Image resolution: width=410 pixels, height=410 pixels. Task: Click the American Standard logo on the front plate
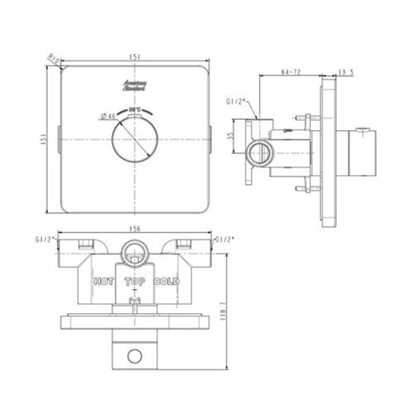pyautogui.click(x=133, y=86)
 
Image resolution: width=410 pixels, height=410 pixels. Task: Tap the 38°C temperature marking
pyautogui.click(x=135, y=109)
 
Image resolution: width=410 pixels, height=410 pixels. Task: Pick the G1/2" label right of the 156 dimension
pyautogui.click(x=225, y=240)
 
